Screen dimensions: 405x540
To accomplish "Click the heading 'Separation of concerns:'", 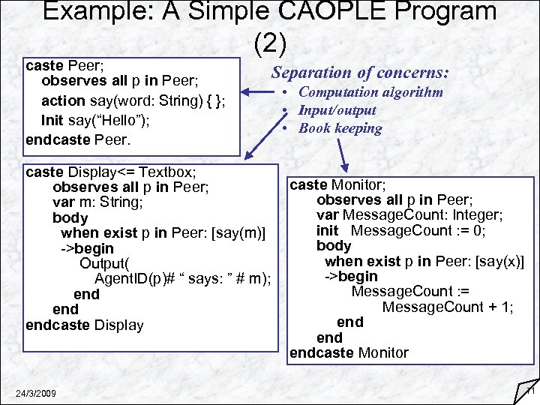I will pos(360,73).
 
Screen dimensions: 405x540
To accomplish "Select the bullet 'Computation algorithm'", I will pos(370,92).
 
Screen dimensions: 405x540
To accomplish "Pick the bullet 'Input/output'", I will pos(337,110).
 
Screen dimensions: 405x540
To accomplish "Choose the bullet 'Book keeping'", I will pos(340,128).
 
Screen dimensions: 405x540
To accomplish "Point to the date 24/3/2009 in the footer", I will pos(37,394).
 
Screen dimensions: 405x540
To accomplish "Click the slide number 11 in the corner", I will pos(529,391).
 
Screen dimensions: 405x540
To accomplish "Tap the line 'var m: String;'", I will pos(97,202).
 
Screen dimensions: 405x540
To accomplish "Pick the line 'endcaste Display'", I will pos(84,325).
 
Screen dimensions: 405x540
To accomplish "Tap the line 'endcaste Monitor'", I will pos(349,352).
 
